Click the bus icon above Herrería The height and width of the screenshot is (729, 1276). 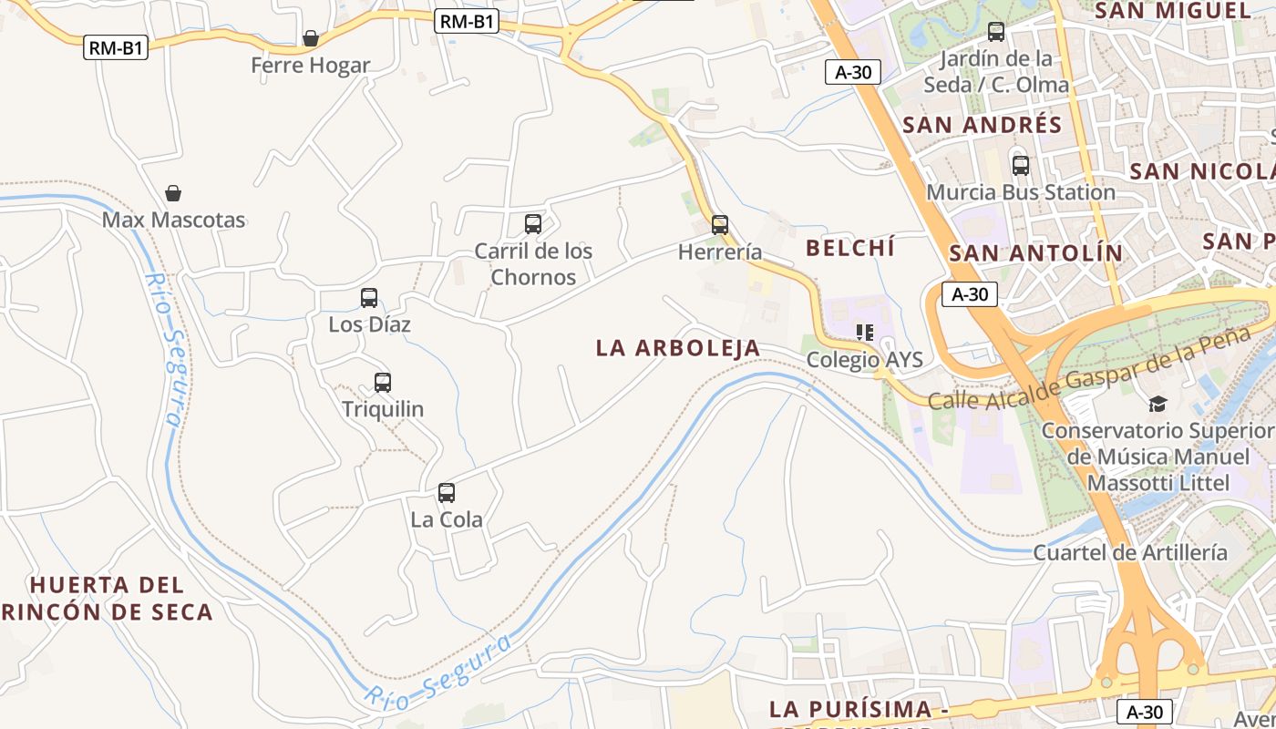(x=720, y=224)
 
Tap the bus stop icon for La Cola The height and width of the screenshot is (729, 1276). (x=447, y=493)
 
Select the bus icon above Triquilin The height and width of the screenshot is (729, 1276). (x=383, y=383)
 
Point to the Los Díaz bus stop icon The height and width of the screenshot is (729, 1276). (x=369, y=298)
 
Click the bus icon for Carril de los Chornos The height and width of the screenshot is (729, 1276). (x=533, y=224)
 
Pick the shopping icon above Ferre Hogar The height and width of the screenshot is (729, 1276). (x=311, y=38)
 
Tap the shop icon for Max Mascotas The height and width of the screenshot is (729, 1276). (x=173, y=193)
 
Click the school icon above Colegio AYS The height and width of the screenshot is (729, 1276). (x=864, y=333)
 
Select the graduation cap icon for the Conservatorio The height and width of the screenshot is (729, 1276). (x=1158, y=404)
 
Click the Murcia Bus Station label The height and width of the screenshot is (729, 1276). (x=1021, y=192)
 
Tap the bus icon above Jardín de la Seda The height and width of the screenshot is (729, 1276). (x=996, y=32)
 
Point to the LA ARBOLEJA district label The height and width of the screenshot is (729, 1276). (x=678, y=347)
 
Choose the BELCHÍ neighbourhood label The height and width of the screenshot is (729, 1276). (x=850, y=247)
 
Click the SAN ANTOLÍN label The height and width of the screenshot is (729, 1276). (x=1036, y=253)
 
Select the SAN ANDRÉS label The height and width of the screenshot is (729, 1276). (x=983, y=125)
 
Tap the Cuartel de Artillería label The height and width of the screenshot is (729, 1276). (x=1129, y=552)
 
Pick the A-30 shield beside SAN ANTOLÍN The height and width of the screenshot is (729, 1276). (x=970, y=294)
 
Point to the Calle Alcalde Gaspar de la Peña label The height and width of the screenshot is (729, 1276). (x=1089, y=369)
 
